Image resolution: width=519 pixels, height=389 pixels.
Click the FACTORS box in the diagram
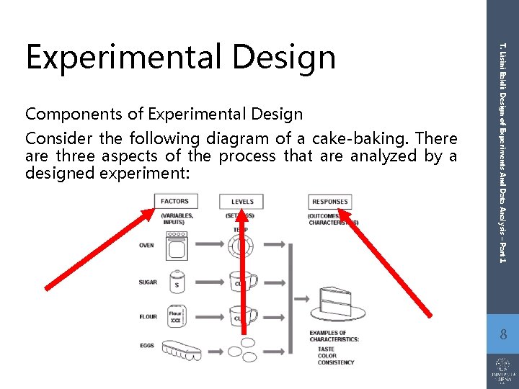coord(175,202)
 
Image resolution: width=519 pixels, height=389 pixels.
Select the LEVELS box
coord(242,202)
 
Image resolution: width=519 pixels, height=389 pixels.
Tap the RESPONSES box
coord(329,202)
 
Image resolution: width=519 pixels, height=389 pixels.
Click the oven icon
coord(176,246)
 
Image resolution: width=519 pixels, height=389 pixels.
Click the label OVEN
coord(146,246)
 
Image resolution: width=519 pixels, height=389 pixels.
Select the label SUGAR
coord(148,282)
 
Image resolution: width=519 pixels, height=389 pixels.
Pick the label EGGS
coord(146,346)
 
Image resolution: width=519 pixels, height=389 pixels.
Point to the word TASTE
coord(326,349)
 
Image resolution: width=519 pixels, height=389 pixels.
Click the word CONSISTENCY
coord(336,362)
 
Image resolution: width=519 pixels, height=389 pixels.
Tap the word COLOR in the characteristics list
coord(327,356)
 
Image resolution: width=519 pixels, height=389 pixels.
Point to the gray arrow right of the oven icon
coord(210,245)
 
